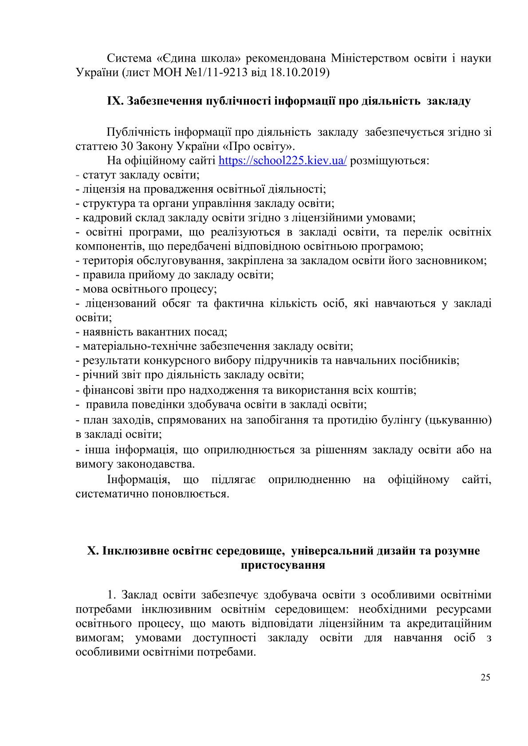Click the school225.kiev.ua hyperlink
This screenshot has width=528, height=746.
click(x=283, y=160)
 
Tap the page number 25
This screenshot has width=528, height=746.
click(x=485, y=677)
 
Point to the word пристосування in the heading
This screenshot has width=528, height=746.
click(x=283, y=565)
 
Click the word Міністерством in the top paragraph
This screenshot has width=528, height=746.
click(x=368, y=58)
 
